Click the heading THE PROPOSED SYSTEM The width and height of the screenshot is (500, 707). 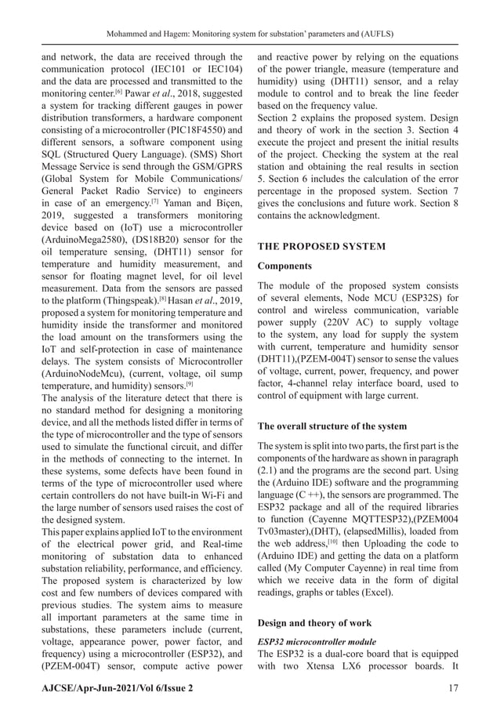[321, 246]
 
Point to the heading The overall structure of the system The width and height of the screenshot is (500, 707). [332, 426]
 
